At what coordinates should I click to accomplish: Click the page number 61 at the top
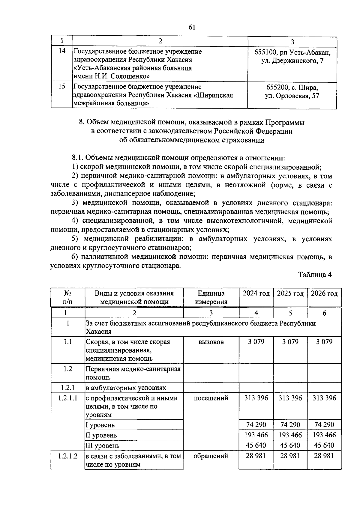(192, 27)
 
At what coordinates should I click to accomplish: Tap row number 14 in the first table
(62, 51)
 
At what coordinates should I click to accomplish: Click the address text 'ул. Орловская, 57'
(292, 96)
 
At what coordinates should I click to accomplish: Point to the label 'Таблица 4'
(315, 275)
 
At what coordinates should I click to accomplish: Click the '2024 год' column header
(256, 293)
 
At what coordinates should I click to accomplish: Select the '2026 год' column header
(324, 293)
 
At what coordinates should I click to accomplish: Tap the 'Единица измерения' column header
(211, 297)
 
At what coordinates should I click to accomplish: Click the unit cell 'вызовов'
(211, 342)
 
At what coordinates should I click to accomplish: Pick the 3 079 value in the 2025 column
(290, 342)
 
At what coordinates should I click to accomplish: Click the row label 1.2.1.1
(67, 398)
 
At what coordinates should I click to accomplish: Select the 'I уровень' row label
(100, 425)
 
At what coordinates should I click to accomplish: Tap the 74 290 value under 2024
(256, 424)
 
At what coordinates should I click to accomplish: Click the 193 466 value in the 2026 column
(324, 435)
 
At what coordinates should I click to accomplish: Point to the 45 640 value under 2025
(290, 445)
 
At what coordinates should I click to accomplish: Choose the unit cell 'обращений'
(211, 456)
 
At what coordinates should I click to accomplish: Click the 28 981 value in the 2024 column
(256, 456)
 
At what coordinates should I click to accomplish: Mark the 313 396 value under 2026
(324, 398)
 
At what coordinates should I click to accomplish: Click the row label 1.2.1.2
(67, 456)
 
